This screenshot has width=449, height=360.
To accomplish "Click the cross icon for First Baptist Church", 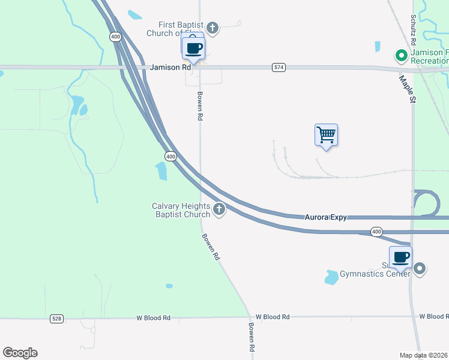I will point(212,28).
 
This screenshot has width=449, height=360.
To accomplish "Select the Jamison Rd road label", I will point(170,68).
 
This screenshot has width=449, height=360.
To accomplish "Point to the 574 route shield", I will point(278,68).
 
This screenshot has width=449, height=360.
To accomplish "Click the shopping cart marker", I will point(326,135).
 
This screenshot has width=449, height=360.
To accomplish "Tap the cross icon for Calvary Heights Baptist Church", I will point(219,209).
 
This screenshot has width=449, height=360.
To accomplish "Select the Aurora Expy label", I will point(325,217).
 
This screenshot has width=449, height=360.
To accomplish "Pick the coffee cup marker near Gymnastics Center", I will point(400,257).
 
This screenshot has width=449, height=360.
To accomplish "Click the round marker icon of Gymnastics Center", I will point(420,269).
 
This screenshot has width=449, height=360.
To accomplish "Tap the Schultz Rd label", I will point(414,28).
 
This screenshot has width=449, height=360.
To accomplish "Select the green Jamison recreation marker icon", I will point(402,56).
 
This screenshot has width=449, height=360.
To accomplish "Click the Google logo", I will point(20,353).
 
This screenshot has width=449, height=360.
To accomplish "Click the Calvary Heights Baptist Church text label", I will point(181,210).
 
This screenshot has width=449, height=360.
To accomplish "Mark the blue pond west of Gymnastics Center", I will point(331,277).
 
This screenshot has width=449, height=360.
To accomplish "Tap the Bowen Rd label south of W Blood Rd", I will point(252,338).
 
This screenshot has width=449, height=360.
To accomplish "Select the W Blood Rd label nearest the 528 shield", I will point(153,317).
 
